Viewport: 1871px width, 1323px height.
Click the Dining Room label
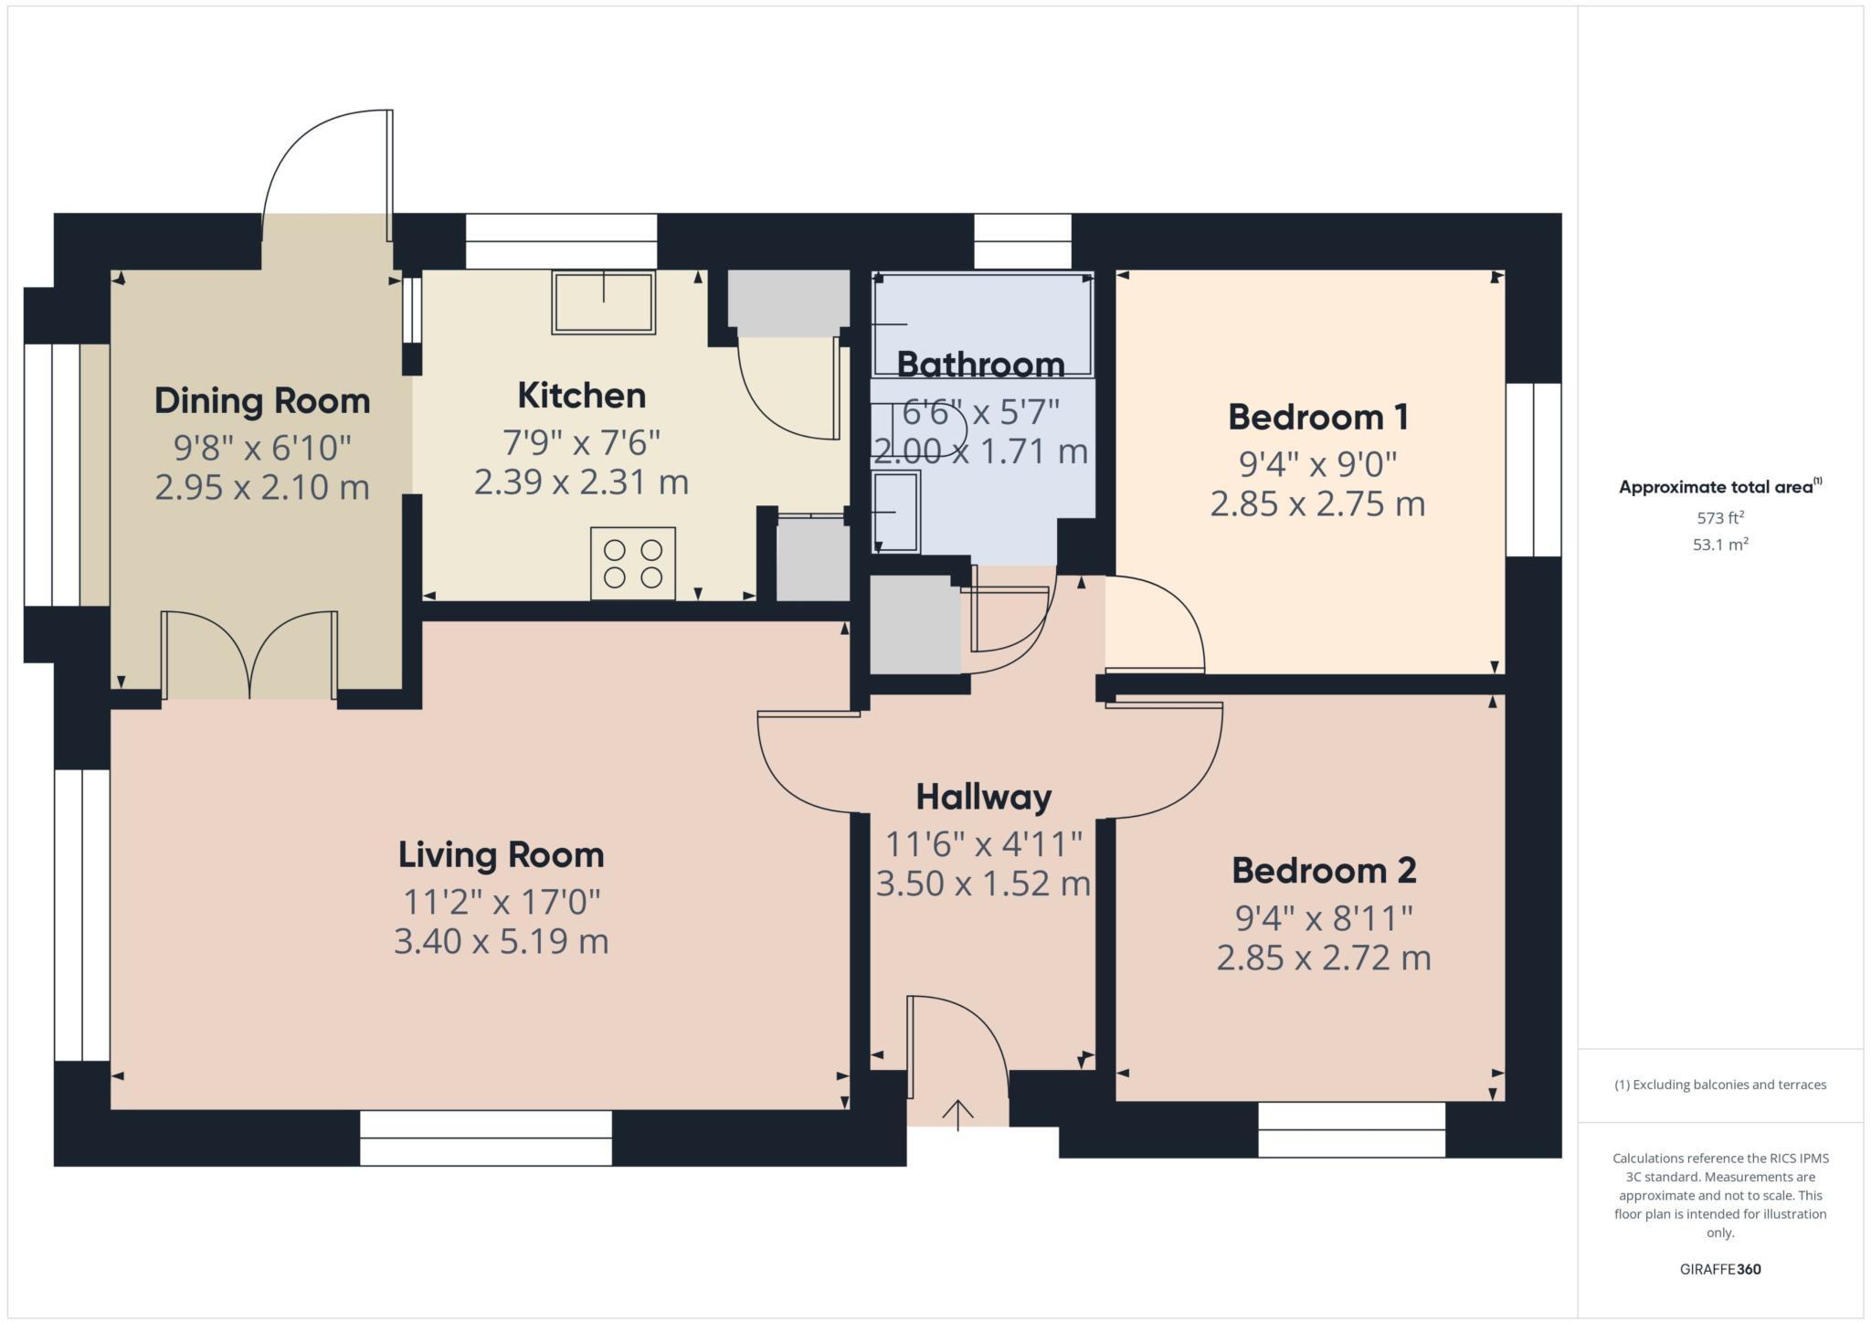(262, 401)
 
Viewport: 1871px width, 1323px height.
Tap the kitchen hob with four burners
(632, 563)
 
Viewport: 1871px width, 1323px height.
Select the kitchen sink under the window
(603, 302)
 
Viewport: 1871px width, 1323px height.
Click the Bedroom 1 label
(1317, 418)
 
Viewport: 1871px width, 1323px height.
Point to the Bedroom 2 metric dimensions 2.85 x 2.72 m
(1323, 958)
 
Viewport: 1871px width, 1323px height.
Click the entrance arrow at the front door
(957, 1114)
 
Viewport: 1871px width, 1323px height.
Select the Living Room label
(501, 855)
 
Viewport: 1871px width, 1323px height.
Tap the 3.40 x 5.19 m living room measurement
(501, 940)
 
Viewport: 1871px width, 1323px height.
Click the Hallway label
(983, 798)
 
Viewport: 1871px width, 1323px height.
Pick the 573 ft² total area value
(1720, 518)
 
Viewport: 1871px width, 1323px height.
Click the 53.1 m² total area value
(1720, 545)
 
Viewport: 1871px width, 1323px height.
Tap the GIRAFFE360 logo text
(1720, 1269)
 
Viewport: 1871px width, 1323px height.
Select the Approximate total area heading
(1716, 487)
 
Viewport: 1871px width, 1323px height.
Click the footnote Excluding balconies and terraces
(1720, 1085)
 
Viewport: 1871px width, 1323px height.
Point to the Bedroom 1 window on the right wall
(1533, 470)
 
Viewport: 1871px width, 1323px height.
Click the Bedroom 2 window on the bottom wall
(1351, 1129)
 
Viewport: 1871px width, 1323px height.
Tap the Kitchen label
(581, 396)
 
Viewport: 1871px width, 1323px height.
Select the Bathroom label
(980, 365)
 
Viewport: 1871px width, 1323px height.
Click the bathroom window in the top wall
(1021, 240)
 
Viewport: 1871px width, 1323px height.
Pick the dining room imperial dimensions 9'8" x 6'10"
(262, 448)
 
